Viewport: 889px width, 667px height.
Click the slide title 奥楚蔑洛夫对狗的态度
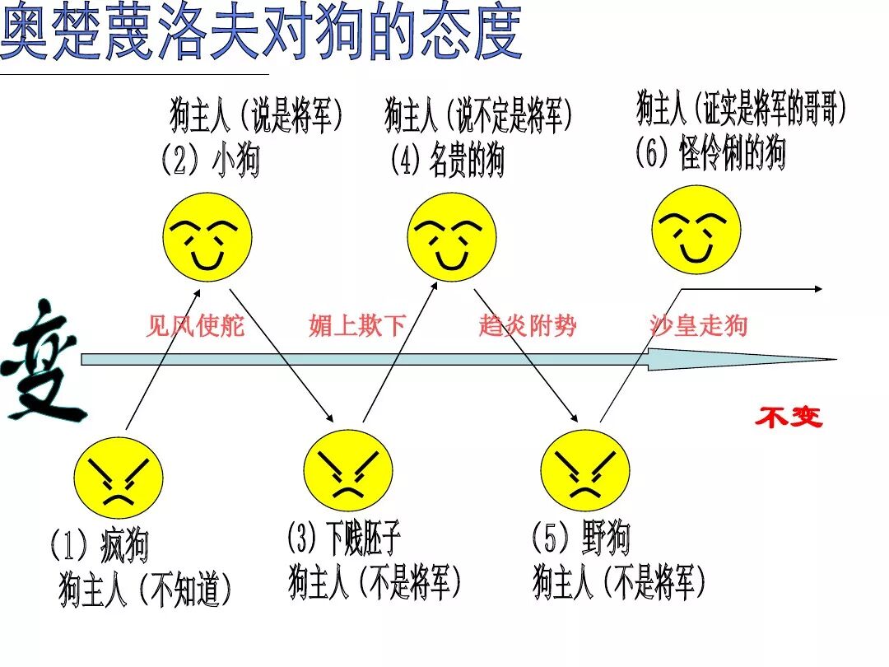pyautogui.click(x=261, y=33)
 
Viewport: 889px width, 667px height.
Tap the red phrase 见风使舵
pyautogui.click(x=195, y=326)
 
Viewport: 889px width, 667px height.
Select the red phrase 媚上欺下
pyautogui.click(x=358, y=326)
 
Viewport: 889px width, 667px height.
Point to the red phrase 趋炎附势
pyautogui.click(x=528, y=326)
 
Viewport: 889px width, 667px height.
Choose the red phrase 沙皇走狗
pyautogui.click(x=698, y=326)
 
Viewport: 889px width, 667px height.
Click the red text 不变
pyautogui.click(x=789, y=417)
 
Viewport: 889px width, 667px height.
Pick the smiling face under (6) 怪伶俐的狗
pyautogui.click(x=696, y=230)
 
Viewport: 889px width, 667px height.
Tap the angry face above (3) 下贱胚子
pyautogui.click(x=348, y=474)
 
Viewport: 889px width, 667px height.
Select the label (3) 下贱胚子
pyautogui.click(x=344, y=539)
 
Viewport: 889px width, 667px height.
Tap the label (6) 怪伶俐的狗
pyautogui.click(x=710, y=153)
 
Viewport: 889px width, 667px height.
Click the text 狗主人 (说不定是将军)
pyautogui.click(x=478, y=116)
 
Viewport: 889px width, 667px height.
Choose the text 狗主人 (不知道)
pyautogui.click(x=146, y=590)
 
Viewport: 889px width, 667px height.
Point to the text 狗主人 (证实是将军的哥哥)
pyautogui.click(x=741, y=108)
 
